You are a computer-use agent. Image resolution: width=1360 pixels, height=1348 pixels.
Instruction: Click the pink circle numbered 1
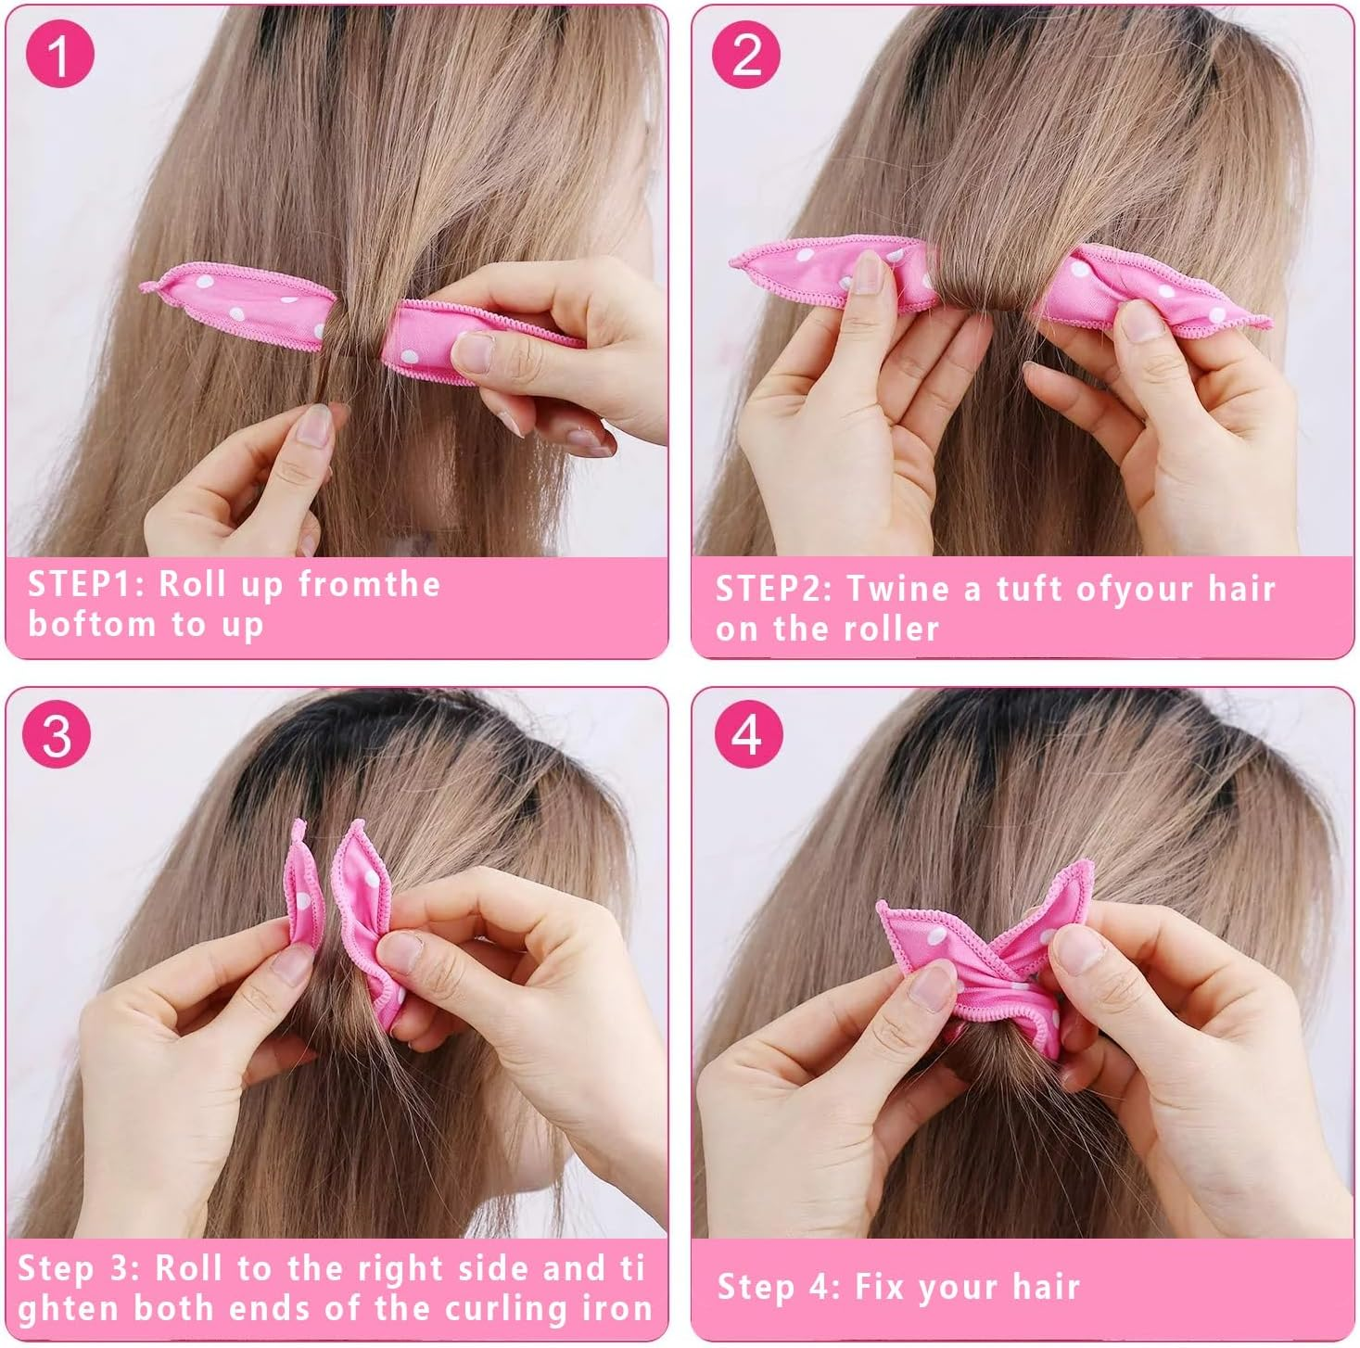pos(60,55)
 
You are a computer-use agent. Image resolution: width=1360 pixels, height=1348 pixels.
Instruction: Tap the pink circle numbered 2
pos(746,55)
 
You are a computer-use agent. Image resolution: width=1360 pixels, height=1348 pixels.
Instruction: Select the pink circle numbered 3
pos(57,735)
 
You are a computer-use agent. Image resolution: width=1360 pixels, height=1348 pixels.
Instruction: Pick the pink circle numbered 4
pos(748,735)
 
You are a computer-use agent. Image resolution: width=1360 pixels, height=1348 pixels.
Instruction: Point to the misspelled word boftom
pos(92,624)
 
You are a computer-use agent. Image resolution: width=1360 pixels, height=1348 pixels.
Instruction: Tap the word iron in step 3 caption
pos(617,1308)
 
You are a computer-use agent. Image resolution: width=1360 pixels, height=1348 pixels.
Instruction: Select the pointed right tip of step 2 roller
pos(1267,324)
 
